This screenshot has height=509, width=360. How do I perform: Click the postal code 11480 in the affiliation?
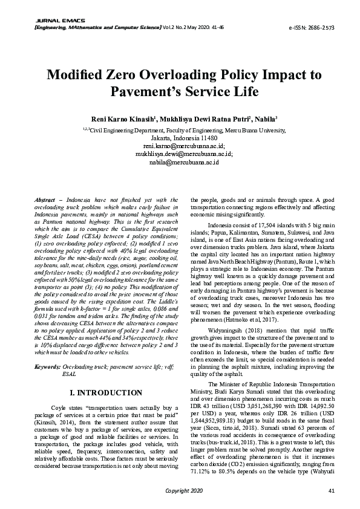(209, 138)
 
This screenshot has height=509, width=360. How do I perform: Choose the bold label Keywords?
(47, 367)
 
